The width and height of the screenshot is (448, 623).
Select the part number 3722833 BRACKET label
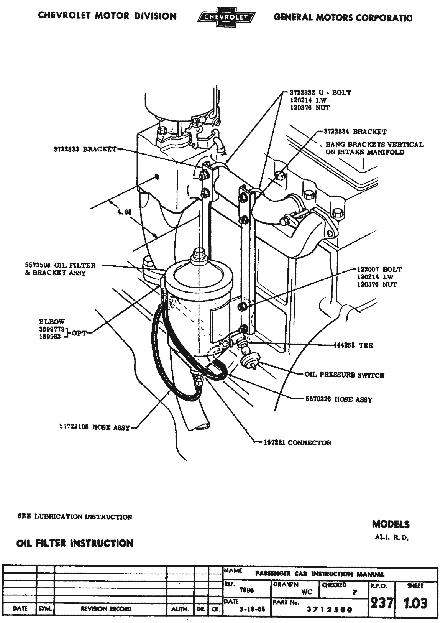[x=84, y=150]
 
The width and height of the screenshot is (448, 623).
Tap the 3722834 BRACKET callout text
[x=355, y=132]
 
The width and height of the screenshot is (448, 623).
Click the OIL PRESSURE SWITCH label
[x=344, y=375]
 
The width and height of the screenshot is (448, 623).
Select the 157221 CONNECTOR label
[x=297, y=443]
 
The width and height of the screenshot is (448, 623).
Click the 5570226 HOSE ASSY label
[x=339, y=399]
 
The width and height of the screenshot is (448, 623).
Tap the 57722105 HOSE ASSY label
[x=95, y=427]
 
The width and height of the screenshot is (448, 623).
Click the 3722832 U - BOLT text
[x=320, y=93]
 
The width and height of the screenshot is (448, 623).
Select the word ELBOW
[x=52, y=322]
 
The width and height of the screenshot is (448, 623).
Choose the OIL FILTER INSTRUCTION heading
[x=75, y=543]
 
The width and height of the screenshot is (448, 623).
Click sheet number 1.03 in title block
[x=416, y=603]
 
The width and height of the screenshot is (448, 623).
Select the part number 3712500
[x=330, y=610]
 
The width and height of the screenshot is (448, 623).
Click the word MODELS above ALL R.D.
[x=391, y=524]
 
